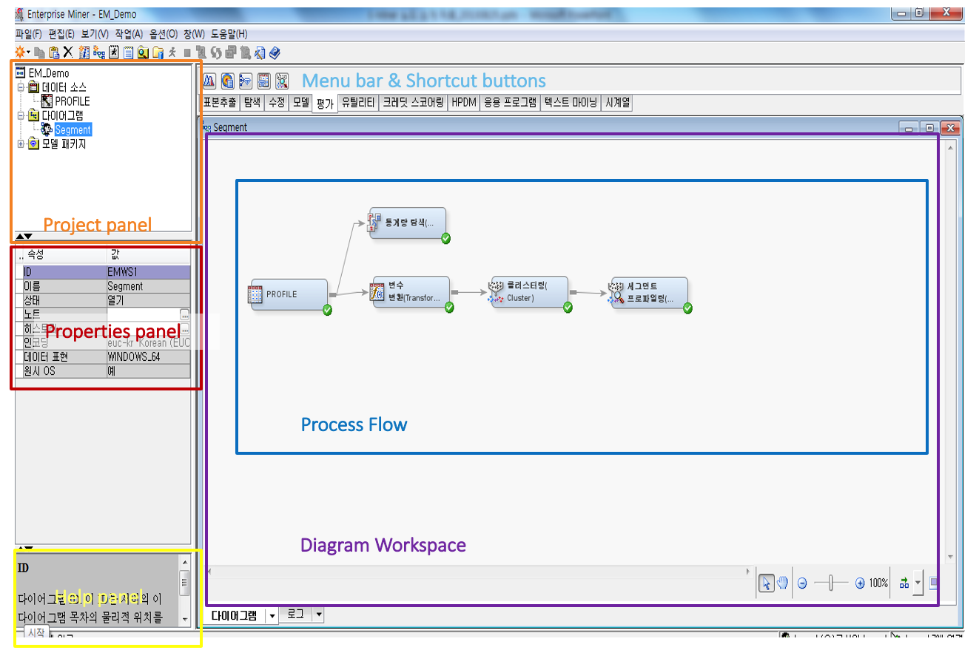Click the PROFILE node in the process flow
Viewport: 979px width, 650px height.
click(289, 294)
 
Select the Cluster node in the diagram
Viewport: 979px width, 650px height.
click(528, 292)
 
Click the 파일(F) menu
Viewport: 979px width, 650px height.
click(29, 34)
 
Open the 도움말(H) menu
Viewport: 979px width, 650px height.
click(229, 34)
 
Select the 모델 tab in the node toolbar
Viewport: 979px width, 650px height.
click(300, 103)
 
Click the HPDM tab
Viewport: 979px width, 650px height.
click(463, 103)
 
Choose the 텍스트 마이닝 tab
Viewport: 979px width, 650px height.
click(570, 103)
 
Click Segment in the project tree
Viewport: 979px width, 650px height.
click(73, 129)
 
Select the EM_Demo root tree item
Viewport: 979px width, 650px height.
click(49, 73)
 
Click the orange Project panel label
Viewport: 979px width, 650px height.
click(97, 225)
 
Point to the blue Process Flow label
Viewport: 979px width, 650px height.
click(354, 424)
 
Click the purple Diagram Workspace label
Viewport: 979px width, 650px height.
click(383, 546)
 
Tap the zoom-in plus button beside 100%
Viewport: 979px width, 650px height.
click(860, 583)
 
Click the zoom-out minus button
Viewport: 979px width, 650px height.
click(802, 583)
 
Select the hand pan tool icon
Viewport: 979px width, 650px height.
click(782, 583)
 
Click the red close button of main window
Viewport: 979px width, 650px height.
click(946, 13)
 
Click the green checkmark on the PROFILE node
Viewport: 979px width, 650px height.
click(327, 310)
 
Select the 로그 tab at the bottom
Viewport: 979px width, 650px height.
click(295, 614)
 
